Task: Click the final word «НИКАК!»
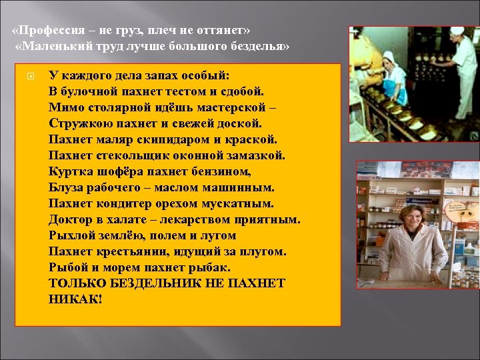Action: click(x=76, y=299)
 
